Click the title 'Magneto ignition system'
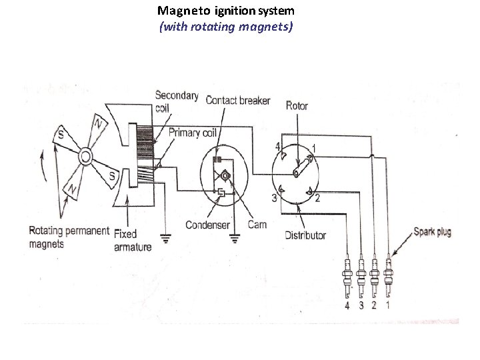(225, 11)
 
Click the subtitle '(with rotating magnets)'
(225, 27)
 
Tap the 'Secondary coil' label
(176, 101)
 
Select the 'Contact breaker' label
(238, 101)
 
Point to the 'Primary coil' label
(193, 133)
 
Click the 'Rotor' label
(297, 105)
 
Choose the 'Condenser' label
(207, 225)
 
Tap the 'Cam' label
(257, 225)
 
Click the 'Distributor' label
(305, 235)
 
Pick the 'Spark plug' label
(432, 232)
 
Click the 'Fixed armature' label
(133, 241)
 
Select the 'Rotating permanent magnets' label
(69, 237)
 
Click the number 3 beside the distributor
(273, 197)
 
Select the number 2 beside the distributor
(318, 198)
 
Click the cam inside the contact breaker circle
(225, 175)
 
